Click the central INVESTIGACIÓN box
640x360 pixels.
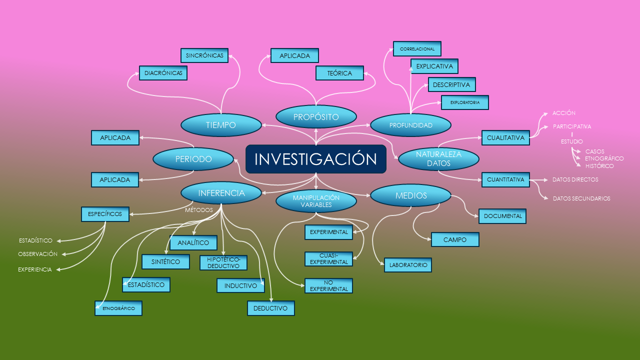316,159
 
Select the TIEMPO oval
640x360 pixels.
221,125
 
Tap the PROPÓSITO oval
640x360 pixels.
316,116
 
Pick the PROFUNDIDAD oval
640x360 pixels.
411,125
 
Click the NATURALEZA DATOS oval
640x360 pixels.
438,159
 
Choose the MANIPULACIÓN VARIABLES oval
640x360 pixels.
316,201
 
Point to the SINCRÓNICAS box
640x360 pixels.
204,55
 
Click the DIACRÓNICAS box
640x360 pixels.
163,73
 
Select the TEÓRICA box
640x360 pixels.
339,73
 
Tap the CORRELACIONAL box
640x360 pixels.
417,49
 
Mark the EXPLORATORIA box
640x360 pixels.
465,102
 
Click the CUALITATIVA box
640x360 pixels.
505,137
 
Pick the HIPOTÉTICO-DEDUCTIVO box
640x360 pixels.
223,262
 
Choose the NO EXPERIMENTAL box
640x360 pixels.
328,285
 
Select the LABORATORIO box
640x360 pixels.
408,265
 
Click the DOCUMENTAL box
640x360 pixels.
502,216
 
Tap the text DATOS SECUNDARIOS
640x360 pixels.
581,198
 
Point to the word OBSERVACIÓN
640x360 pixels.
37,254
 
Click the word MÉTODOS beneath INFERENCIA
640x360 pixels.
199,210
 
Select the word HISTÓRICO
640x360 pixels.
599,166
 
